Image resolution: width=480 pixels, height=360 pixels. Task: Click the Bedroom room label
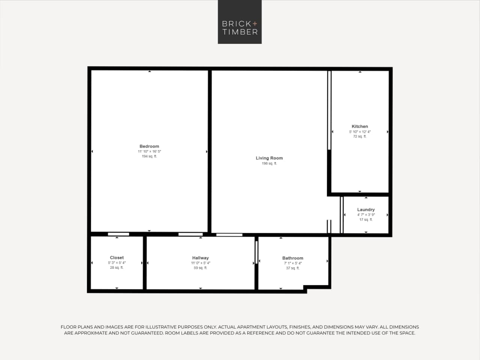(149, 146)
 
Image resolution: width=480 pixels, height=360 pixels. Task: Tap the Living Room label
(269, 158)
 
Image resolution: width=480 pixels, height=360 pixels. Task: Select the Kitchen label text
(360, 127)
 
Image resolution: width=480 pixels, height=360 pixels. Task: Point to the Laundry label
(366, 210)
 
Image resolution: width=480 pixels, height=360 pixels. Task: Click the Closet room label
(117, 258)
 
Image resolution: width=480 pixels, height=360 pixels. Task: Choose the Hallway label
(200, 258)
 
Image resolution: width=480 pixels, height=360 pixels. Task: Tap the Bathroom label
(292, 258)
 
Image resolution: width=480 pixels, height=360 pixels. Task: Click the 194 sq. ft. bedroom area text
(149, 157)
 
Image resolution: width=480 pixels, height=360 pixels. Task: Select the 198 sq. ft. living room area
(269, 164)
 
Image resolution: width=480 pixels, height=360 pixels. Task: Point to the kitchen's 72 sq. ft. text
(360, 137)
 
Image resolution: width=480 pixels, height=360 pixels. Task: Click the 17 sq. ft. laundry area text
(366, 220)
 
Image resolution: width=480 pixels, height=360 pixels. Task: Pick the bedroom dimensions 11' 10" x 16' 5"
(149, 152)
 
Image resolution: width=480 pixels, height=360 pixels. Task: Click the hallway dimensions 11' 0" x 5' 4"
(200, 263)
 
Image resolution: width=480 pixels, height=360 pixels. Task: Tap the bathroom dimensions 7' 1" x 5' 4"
(292, 264)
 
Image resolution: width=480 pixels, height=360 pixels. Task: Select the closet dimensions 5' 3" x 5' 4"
(117, 263)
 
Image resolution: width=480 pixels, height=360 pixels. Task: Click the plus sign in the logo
(255, 23)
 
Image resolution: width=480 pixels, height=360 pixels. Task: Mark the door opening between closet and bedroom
(118, 234)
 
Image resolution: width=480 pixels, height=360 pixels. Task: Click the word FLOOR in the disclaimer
(69, 327)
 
